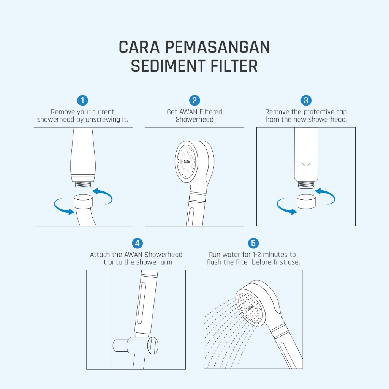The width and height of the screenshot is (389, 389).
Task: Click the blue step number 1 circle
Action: [82, 100]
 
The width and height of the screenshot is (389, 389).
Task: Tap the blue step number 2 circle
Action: [194, 100]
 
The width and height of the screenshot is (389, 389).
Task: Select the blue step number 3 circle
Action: [306, 100]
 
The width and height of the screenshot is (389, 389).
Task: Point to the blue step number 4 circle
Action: [137, 243]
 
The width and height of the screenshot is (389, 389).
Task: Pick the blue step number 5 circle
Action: [253, 243]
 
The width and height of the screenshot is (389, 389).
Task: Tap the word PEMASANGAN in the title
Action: [217, 47]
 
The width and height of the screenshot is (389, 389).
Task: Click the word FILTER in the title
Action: [234, 66]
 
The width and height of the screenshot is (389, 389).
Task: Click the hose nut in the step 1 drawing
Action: [83, 201]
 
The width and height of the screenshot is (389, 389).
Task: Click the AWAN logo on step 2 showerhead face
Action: [187, 161]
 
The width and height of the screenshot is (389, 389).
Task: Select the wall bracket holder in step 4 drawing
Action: [136, 345]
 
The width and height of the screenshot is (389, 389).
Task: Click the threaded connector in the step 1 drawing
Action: [83, 184]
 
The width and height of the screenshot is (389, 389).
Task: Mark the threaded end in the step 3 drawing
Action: [306, 184]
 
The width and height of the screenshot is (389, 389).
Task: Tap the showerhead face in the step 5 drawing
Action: [250, 307]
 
